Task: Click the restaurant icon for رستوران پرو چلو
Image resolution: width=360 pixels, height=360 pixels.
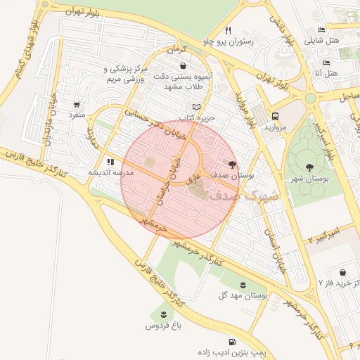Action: [x=228, y=30]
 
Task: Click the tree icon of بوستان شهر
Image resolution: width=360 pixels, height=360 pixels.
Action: [x=310, y=167]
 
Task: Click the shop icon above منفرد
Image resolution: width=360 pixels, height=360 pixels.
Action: [x=77, y=102]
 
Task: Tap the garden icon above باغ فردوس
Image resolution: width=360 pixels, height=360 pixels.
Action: [x=163, y=314]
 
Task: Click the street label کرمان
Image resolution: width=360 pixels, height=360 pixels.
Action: [x=174, y=51]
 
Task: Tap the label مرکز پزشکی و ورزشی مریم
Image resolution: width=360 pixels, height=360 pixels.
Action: [x=124, y=75]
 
